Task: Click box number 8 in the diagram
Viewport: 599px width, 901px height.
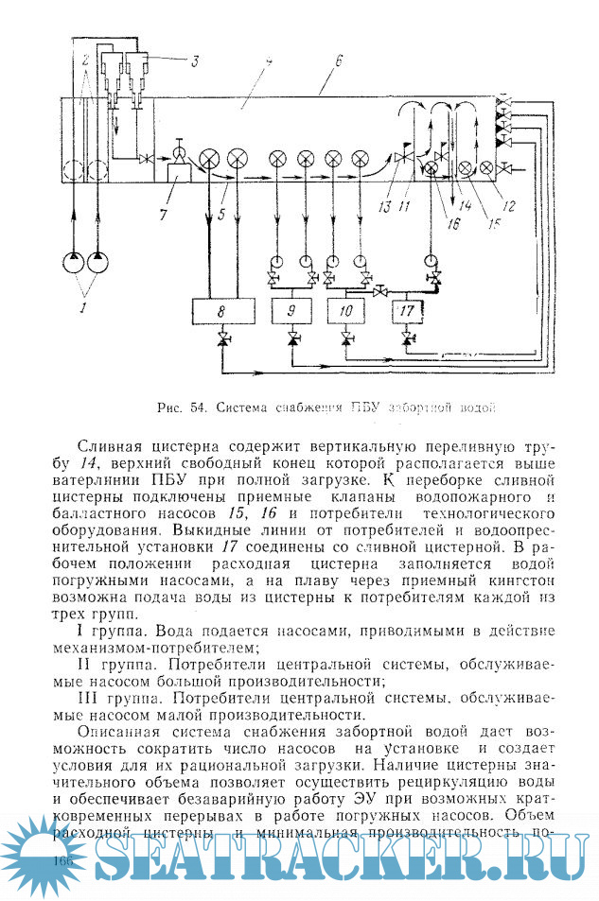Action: click(221, 309)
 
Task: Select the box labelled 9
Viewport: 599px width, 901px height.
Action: click(291, 309)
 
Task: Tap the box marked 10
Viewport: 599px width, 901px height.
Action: click(347, 309)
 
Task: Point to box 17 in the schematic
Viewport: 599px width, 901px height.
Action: click(407, 309)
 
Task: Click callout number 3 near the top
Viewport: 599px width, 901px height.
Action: click(194, 62)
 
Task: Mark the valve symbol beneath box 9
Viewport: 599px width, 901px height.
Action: click(291, 338)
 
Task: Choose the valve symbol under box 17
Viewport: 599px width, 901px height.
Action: click(407, 338)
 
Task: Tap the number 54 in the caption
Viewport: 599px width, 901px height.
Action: click(198, 408)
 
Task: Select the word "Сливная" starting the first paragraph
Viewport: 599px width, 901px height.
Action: click(110, 447)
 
